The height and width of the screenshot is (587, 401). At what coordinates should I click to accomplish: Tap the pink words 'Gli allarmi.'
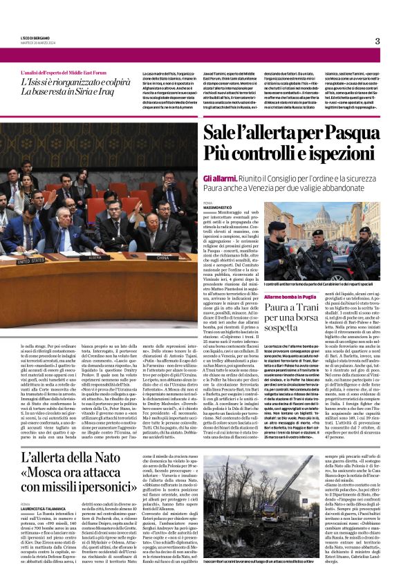click(221, 178)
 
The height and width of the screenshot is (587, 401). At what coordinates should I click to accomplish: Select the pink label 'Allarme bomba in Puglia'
click(290, 296)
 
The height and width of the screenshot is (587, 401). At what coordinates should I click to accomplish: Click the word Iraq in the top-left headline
click(104, 91)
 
